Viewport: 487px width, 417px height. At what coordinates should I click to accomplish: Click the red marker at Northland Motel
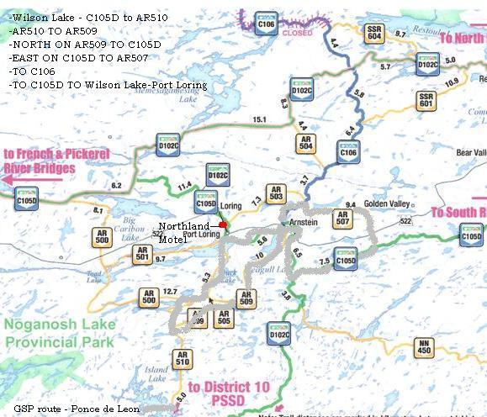[223, 225]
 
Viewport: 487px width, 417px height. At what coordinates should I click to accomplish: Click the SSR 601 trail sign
[426, 101]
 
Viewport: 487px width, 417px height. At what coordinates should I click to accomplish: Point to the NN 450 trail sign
[425, 347]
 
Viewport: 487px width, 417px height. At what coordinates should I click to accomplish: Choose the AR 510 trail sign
[183, 359]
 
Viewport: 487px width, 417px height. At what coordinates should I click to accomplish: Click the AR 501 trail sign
[141, 256]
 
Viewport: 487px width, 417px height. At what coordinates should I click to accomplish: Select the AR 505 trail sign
[223, 318]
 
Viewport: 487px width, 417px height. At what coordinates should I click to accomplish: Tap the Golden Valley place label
[386, 204]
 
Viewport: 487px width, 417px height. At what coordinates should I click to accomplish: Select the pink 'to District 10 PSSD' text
[216, 393]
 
